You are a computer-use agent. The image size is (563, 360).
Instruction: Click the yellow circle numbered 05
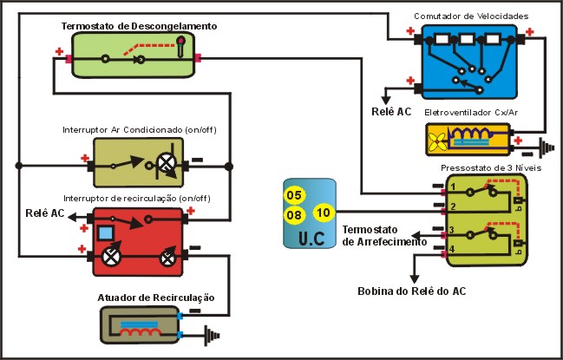point(295,194)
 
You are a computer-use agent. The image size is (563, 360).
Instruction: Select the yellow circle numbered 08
point(295,214)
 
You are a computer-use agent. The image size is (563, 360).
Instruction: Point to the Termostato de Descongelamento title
point(139,27)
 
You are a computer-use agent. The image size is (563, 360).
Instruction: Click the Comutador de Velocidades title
point(470,16)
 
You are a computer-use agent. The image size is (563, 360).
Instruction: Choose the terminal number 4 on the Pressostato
point(452,250)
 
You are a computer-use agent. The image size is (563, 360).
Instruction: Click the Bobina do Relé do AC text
point(411,291)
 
